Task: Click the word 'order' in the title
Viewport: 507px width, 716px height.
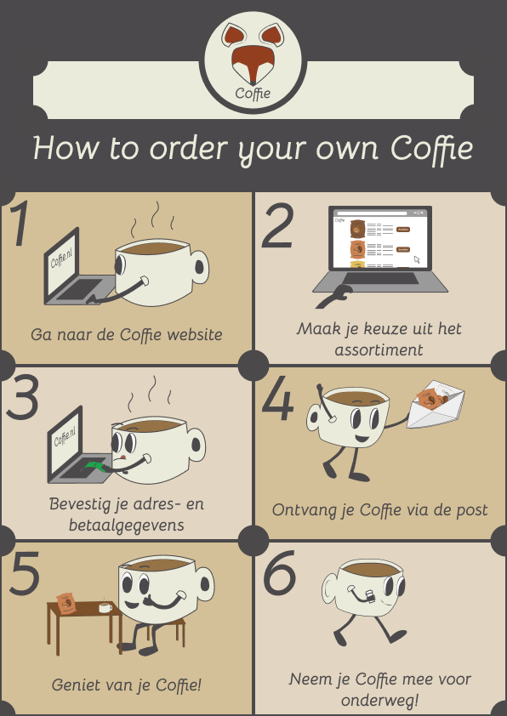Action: tap(189, 149)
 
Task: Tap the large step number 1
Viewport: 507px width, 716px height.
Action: tap(20, 224)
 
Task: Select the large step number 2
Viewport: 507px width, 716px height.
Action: tap(277, 226)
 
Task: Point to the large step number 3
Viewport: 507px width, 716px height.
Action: tap(23, 397)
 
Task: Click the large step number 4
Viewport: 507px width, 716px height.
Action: tap(277, 398)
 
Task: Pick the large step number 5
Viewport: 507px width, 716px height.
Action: tap(24, 573)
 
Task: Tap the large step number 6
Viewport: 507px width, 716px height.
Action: tap(280, 572)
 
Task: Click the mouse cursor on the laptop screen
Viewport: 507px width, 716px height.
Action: tap(417, 259)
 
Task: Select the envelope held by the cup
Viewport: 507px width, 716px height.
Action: tap(436, 404)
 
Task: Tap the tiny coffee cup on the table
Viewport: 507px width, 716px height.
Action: tap(105, 607)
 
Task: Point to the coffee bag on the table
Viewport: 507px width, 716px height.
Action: tap(66, 603)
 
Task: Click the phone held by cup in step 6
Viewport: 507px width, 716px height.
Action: tap(370, 596)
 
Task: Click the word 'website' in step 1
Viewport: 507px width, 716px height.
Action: tap(195, 335)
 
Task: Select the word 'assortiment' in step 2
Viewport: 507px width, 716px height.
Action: tap(379, 350)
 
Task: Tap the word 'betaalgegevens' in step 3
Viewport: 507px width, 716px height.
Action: tap(127, 526)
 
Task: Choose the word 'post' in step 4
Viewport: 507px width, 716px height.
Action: tap(471, 510)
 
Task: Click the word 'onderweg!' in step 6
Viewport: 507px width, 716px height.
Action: tap(380, 701)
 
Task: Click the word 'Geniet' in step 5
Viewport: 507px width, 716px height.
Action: tap(73, 685)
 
